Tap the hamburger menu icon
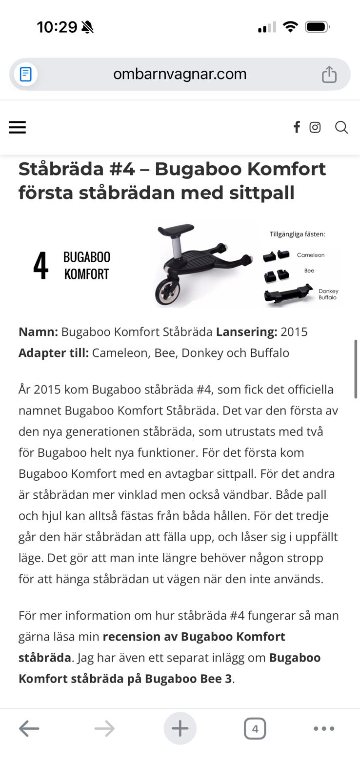[18, 127]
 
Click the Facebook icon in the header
[296, 127]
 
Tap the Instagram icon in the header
[315, 127]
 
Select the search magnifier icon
[341, 127]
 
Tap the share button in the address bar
[329, 75]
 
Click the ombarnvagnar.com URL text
[180, 74]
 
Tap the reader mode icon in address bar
[26, 75]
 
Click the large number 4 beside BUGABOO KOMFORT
[41, 266]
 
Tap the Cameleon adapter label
[310, 255]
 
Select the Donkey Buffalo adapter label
[328, 294]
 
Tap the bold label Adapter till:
[54, 353]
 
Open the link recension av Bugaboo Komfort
[194, 637]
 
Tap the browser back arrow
[29, 729]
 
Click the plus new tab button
[180, 729]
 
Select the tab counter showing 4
[255, 729]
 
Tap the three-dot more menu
[324, 729]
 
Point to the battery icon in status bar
[317, 27]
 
